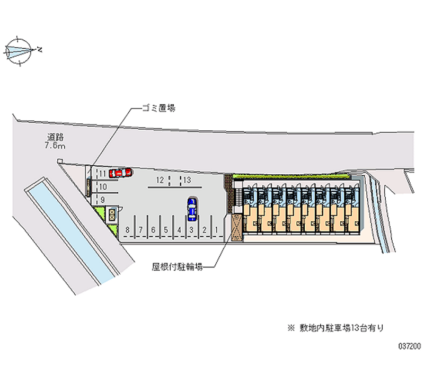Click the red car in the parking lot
coord(120,172)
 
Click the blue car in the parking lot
coord(192,208)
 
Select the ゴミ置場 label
coord(158,108)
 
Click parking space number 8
coord(128,230)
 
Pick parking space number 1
coord(217,230)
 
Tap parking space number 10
coord(103,186)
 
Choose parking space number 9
coord(102,200)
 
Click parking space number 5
coord(166,230)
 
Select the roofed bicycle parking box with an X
coord(235,227)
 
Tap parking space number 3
coord(191,230)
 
